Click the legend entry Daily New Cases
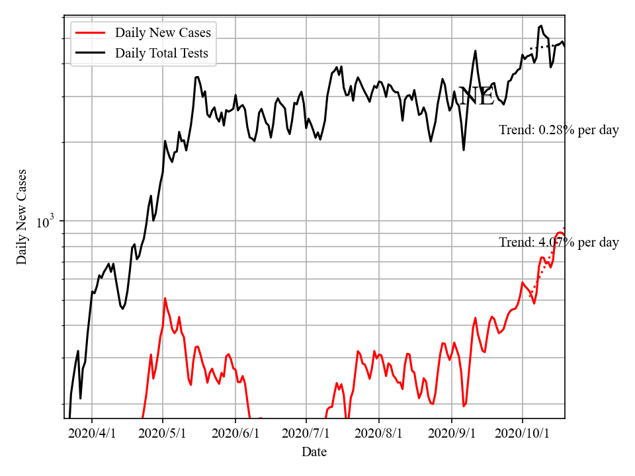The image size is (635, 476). pos(163,32)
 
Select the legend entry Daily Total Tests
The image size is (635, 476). pos(161,53)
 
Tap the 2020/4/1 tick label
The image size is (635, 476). pos(92,434)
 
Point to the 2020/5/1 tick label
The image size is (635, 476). pos(163,434)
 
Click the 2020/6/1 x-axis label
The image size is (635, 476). pos(235,434)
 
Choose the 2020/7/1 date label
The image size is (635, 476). pos(306,434)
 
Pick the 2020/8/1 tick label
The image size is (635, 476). pos(379,434)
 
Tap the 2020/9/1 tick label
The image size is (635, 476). pos(452,434)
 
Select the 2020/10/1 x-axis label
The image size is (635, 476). pos(523,434)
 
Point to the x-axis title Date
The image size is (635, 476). pos(314,452)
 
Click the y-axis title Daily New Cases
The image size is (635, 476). pos(22,217)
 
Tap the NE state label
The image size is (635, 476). pos(476,97)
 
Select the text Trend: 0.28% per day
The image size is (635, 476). pos(558,130)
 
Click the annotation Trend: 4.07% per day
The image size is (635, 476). pos(558,243)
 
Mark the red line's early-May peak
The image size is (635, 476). pos(165,298)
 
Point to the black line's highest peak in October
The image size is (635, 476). pos(541,26)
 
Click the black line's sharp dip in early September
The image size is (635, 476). pos(464,150)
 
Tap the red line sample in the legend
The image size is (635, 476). pos(91,32)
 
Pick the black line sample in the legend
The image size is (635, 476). pos(91,53)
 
